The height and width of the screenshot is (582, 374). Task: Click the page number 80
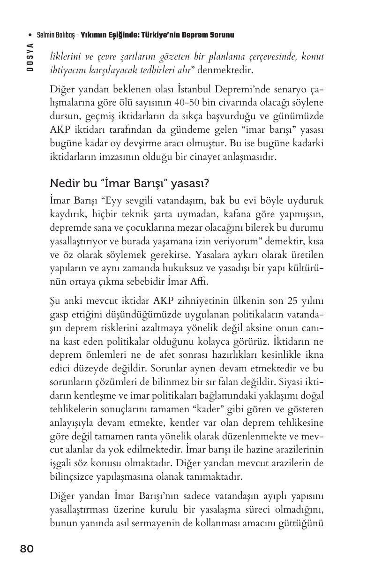click(27, 549)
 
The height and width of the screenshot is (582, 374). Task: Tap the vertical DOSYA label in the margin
click(30, 56)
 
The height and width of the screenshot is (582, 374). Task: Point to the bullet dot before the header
click(30, 35)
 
